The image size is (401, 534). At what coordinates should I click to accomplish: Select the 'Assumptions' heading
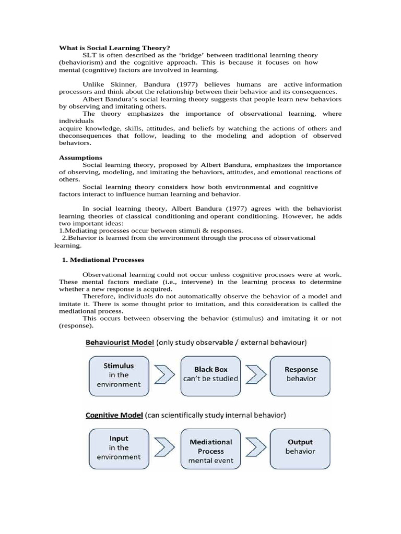click(x=80, y=157)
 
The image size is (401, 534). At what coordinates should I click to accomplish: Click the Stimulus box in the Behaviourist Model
click(x=118, y=376)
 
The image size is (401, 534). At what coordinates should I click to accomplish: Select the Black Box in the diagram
click(x=210, y=374)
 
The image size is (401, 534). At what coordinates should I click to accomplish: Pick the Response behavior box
click(x=300, y=374)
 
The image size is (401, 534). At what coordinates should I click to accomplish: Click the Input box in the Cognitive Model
click(x=118, y=448)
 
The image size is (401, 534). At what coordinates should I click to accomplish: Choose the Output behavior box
click(x=300, y=446)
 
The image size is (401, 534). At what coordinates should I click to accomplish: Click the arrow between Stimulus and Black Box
click(x=164, y=374)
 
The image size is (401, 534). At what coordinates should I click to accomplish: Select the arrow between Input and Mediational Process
click(x=164, y=447)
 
